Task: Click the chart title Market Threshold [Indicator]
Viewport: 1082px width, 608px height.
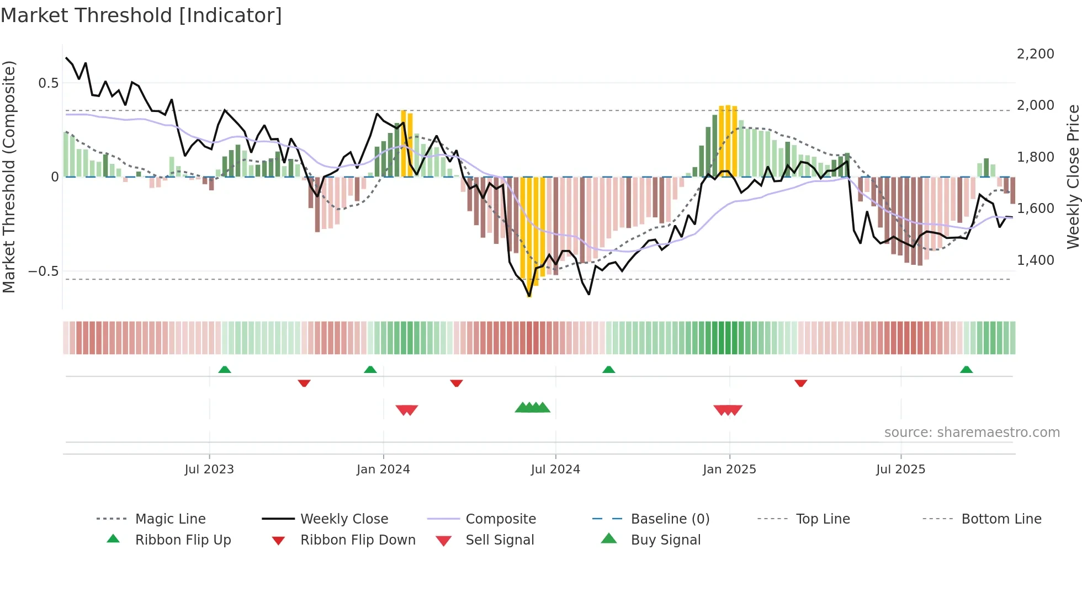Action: click(141, 15)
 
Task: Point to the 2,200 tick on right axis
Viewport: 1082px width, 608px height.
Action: click(1035, 54)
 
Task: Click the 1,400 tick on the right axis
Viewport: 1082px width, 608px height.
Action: click(1035, 260)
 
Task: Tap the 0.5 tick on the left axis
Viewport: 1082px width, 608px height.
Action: click(48, 83)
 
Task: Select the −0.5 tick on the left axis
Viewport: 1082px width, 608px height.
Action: click(43, 271)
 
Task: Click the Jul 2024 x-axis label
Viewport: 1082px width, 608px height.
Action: click(555, 470)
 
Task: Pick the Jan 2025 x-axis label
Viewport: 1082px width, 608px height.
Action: click(729, 470)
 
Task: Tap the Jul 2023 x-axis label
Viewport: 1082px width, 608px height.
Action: click(209, 470)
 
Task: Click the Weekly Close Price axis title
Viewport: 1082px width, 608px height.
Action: click(1073, 177)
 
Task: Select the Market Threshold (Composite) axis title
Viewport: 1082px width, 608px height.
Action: click(9, 177)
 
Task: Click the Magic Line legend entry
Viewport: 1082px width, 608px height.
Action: click(170, 519)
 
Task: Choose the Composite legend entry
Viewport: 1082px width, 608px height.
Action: click(500, 519)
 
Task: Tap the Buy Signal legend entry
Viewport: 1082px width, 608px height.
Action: click(665, 540)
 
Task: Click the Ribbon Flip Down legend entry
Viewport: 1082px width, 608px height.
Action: click(358, 540)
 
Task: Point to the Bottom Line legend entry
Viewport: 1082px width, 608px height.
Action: click(1001, 519)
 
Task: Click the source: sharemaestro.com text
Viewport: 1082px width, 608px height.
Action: click(972, 433)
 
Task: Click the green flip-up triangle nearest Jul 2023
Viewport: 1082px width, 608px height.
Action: click(224, 370)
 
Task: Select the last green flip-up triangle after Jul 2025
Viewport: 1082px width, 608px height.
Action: click(966, 370)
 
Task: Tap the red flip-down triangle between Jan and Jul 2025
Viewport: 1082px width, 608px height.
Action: click(800, 383)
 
